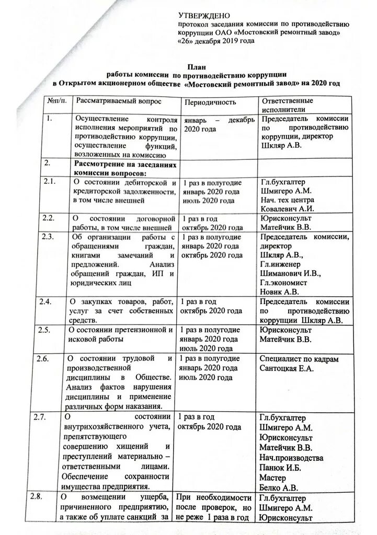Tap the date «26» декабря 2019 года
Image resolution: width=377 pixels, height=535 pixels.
tap(216, 41)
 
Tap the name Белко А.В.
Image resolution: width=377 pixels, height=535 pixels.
tap(280, 487)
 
